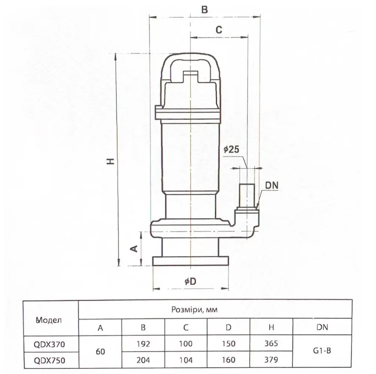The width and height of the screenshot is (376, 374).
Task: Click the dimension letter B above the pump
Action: point(205,10)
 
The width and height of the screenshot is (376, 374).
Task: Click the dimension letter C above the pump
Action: point(219,30)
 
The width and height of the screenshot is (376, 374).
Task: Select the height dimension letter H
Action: point(111,161)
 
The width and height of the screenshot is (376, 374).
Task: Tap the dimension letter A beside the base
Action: point(134,248)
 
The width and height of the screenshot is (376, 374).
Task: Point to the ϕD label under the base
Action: point(190,281)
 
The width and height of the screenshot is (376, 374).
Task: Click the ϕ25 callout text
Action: point(232,150)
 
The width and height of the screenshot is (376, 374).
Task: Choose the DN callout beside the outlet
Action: point(272,185)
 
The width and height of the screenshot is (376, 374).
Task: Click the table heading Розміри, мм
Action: point(195,310)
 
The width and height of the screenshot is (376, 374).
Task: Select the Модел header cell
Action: point(49,320)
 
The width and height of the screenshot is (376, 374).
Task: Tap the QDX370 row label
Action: point(49,344)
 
